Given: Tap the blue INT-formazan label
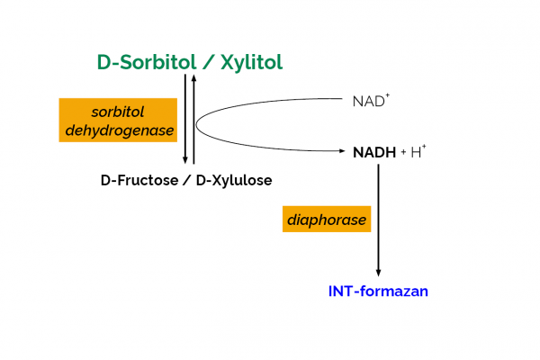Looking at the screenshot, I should click(378, 291).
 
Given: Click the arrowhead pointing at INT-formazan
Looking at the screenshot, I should click(378, 272).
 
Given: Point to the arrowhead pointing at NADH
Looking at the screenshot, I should click(343, 152).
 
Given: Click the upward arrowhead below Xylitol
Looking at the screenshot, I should click(194, 79).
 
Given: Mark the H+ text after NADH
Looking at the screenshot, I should click(419, 151).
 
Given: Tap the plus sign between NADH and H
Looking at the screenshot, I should click(404, 152).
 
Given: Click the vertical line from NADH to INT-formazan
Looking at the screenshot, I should click(378, 216).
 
